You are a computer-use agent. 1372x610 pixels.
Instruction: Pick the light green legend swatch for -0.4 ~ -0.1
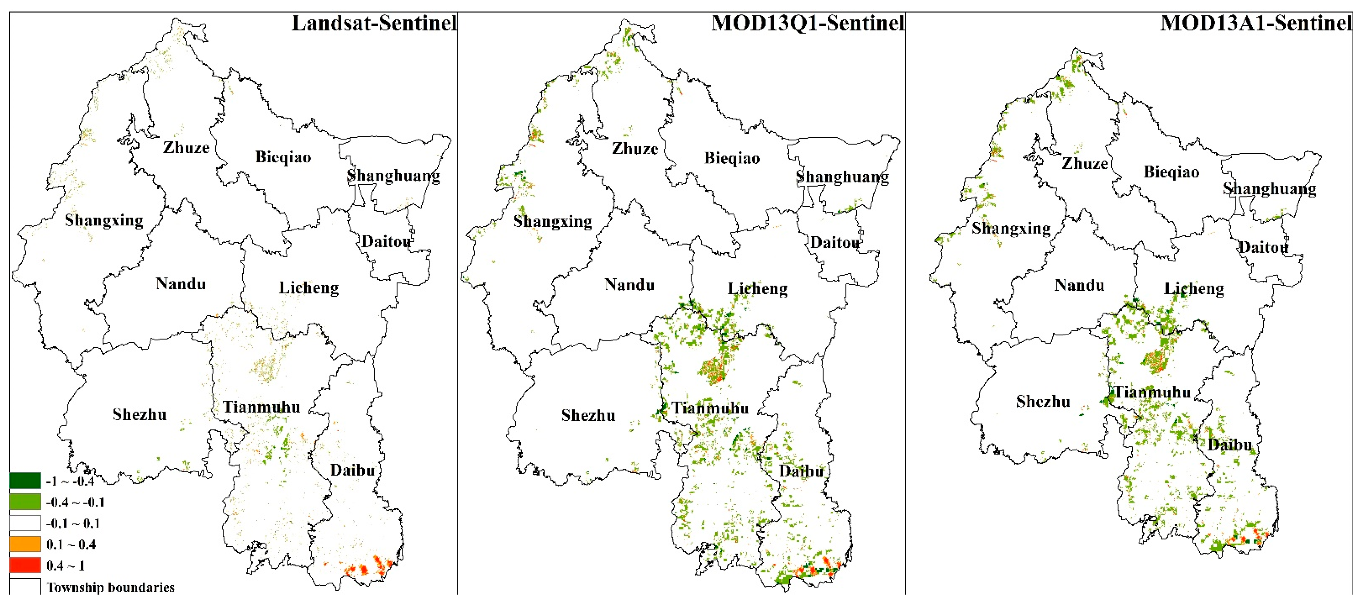click(25, 502)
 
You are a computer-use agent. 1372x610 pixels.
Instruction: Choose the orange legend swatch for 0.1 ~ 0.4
click(25, 544)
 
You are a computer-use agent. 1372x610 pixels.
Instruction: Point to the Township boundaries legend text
click(110, 587)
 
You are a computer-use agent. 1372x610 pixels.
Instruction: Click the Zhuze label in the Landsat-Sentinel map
click(186, 148)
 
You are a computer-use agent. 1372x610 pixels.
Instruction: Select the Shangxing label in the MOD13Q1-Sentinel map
click(552, 221)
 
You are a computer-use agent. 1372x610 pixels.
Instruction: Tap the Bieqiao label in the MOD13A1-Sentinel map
click(1171, 172)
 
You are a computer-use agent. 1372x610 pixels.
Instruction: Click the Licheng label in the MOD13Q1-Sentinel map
click(757, 289)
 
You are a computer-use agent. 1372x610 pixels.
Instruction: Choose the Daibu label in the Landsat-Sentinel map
click(353, 470)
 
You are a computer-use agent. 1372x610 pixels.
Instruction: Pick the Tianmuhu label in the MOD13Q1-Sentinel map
click(710, 409)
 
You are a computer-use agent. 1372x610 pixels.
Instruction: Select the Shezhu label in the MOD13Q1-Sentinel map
click(588, 416)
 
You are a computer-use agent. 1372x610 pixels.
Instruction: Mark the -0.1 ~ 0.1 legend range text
click(72, 523)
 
